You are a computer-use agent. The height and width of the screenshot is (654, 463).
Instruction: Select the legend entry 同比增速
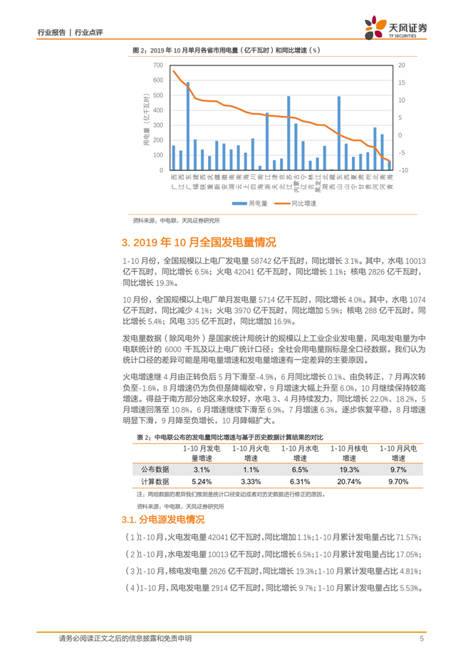(x=301, y=203)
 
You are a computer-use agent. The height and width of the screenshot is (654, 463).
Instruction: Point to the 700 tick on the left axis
(x=159, y=65)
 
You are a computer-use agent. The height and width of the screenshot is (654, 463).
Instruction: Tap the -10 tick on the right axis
(x=402, y=171)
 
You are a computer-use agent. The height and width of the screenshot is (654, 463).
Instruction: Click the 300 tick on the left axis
(x=159, y=125)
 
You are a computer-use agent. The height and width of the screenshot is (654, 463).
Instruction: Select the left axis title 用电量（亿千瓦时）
(x=147, y=118)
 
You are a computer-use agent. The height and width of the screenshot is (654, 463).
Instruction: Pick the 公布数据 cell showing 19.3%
(x=348, y=469)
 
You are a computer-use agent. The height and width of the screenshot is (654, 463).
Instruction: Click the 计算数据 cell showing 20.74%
(x=348, y=482)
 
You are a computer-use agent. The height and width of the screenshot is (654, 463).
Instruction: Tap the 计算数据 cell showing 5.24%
(x=201, y=482)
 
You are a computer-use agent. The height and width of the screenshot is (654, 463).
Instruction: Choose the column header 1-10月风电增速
(x=397, y=453)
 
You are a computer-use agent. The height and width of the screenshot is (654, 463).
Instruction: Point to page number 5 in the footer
(x=422, y=638)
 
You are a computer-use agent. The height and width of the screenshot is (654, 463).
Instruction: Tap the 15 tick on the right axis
(x=402, y=83)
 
